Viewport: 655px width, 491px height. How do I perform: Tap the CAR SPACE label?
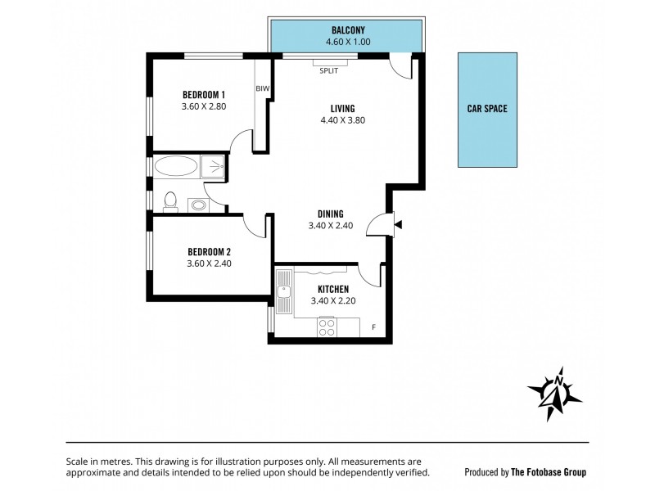coord(487,107)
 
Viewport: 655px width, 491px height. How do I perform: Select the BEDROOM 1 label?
coord(203,95)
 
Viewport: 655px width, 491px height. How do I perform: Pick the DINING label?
coord(330,214)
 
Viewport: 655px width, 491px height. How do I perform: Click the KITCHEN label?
coord(330,289)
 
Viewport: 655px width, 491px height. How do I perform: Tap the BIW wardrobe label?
coord(262,88)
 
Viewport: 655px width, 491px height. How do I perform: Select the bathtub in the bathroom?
coord(176,167)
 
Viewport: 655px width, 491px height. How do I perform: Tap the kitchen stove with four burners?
coord(327,327)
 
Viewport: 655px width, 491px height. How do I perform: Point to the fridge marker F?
coord(374,327)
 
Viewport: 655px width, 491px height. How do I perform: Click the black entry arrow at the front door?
coord(397,223)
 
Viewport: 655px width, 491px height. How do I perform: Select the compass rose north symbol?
coord(554,393)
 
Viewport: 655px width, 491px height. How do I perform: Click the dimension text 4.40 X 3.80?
coord(342,120)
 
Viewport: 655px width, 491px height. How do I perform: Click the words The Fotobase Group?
coord(548,472)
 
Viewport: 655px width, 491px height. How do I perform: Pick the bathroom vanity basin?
coord(197,204)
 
